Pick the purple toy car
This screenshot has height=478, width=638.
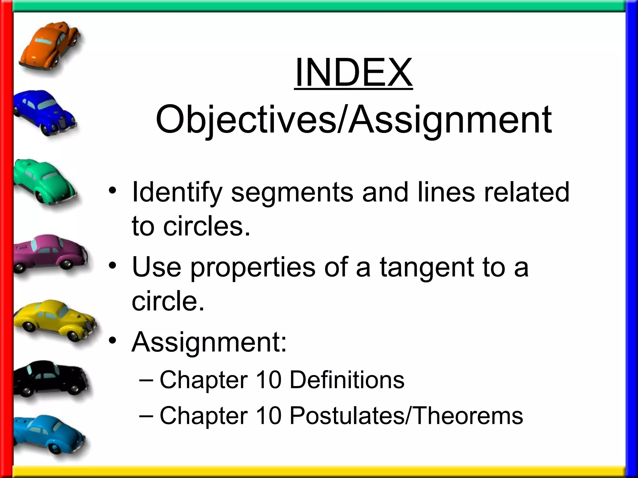50,253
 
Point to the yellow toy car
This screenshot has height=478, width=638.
55,319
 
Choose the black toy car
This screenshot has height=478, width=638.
50,378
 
